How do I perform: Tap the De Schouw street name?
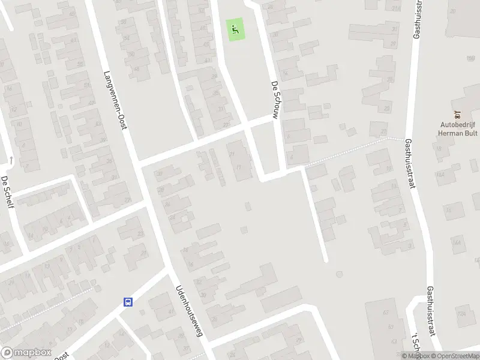click(x=275, y=100)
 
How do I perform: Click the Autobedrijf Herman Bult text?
click(x=457, y=130)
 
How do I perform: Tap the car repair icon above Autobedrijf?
click(x=457, y=114)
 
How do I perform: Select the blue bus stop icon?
click(x=128, y=302)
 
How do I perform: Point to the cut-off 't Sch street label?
click(x=412, y=341)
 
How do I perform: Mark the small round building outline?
click(x=340, y=275)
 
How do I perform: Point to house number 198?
click(x=470, y=58)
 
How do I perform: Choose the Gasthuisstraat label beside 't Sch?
click(x=431, y=324)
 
